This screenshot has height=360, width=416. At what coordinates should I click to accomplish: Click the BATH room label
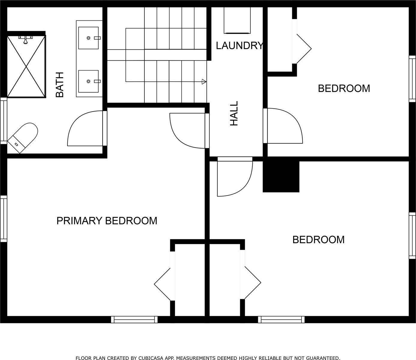(x=60, y=85)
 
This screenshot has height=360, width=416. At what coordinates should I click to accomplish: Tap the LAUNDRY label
(x=239, y=46)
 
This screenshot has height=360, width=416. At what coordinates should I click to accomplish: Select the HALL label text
(x=234, y=113)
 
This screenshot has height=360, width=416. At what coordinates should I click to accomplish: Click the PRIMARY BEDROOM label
(x=107, y=221)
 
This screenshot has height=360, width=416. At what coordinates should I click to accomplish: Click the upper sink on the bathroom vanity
(x=89, y=38)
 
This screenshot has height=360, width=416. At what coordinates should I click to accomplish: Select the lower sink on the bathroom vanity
(x=89, y=81)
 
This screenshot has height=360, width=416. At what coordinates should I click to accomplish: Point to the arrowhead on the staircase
(x=204, y=82)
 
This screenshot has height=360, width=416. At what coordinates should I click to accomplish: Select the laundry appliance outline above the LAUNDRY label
(x=237, y=20)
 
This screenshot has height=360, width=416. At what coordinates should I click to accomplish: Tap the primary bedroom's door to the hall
(x=188, y=130)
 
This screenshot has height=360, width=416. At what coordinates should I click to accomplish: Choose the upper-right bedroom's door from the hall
(x=284, y=126)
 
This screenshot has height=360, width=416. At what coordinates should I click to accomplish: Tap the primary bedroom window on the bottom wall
(x=134, y=320)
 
